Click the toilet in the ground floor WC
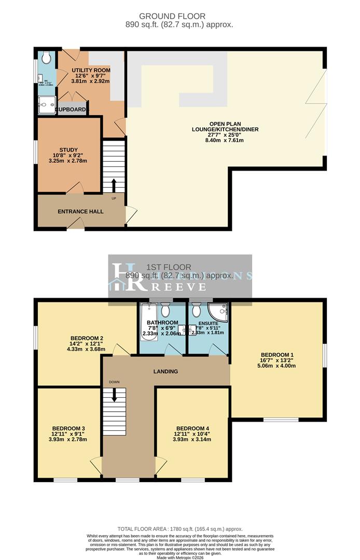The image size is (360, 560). tap(47, 57)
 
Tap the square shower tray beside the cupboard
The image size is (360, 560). tap(47, 105)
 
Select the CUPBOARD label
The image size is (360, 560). tap(71, 110)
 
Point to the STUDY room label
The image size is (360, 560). tap(68, 150)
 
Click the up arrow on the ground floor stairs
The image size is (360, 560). tap(114, 185)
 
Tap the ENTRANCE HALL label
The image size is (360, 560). tap(80, 212)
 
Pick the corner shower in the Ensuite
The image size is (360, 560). tap(218, 312)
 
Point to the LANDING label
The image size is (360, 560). tap(165, 371)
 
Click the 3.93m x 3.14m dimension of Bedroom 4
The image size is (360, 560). tap(192, 439)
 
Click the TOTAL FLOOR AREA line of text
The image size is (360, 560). tap(179, 529)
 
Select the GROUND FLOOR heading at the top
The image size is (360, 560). tap(179, 16)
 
